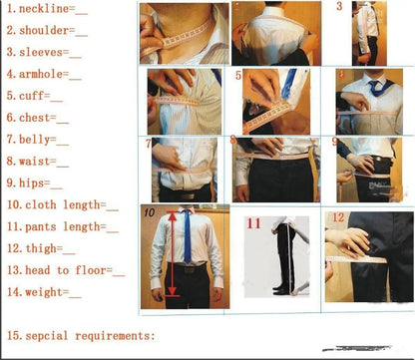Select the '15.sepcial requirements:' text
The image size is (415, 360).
coord(81,335)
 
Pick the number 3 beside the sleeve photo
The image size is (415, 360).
coord(339,7)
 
